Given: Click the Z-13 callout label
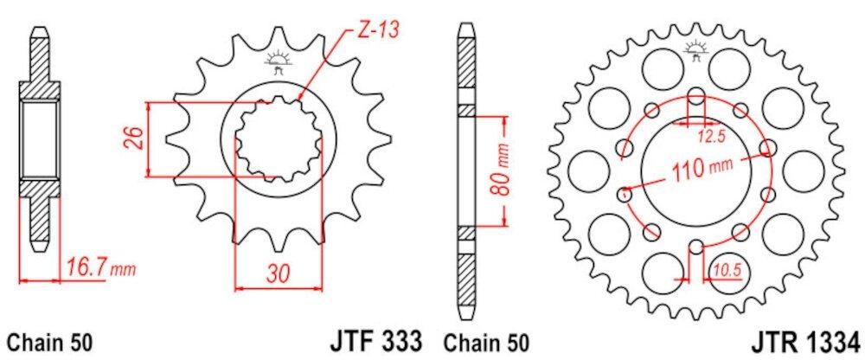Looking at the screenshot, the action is [x=378, y=29].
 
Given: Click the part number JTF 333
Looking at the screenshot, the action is [x=376, y=340].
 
